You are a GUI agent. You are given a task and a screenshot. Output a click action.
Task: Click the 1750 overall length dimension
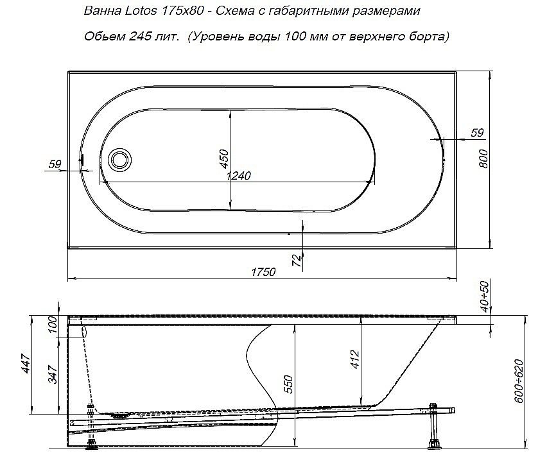263,271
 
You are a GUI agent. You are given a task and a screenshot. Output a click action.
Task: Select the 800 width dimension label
484,157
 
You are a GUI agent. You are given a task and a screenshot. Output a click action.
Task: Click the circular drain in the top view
119,158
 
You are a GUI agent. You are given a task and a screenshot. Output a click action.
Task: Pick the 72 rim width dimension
296,260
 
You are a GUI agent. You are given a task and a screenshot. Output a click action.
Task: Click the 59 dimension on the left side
55,165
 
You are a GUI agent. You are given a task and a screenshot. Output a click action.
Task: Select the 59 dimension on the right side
476,133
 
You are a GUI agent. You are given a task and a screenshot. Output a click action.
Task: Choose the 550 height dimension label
289,384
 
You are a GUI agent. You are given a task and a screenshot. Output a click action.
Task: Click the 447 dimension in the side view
26,365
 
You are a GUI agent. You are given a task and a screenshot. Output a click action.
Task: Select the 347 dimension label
54,374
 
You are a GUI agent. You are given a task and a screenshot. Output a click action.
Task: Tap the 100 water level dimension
54,325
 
